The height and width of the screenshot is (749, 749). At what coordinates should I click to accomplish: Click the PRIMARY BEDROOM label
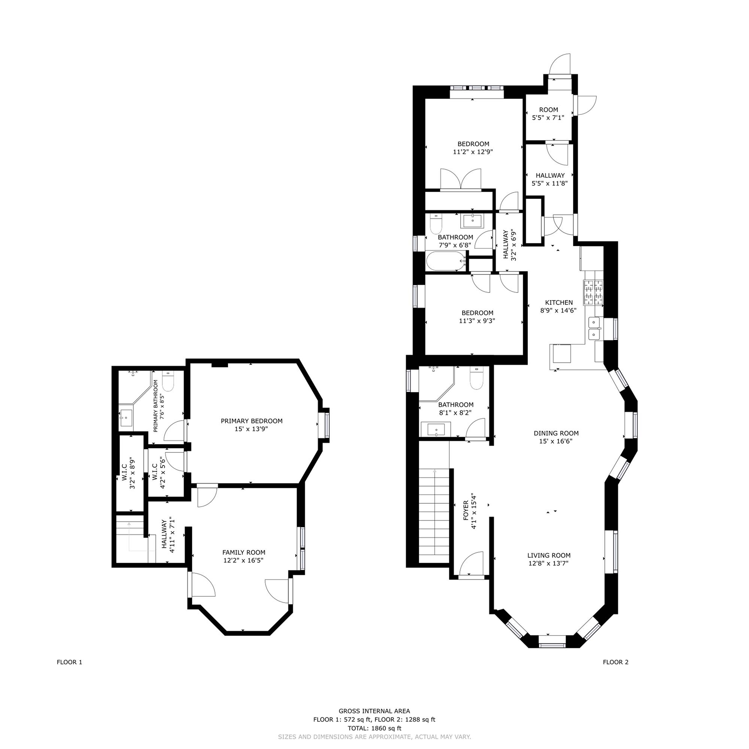click(252, 421)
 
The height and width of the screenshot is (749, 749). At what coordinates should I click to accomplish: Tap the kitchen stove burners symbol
click(594, 292)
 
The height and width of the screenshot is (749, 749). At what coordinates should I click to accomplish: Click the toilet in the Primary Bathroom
click(168, 382)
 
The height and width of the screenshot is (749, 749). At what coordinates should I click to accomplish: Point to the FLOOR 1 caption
click(69, 662)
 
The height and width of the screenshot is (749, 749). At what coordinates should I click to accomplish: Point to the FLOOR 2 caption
click(615, 662)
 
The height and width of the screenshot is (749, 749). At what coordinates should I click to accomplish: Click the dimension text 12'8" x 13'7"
click(549, 563)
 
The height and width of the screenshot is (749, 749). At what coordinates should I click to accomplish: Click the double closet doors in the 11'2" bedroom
click(461, 180)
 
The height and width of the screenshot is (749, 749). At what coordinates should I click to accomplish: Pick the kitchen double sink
click(594, 328)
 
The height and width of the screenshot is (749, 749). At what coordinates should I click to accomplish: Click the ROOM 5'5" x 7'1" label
click(548, 113)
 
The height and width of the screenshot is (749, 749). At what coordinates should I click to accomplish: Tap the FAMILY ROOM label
click(243, 552)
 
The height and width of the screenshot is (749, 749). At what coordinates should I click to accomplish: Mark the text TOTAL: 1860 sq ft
click(374, 728)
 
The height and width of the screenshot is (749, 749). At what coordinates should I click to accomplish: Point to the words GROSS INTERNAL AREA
click(374, 711)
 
